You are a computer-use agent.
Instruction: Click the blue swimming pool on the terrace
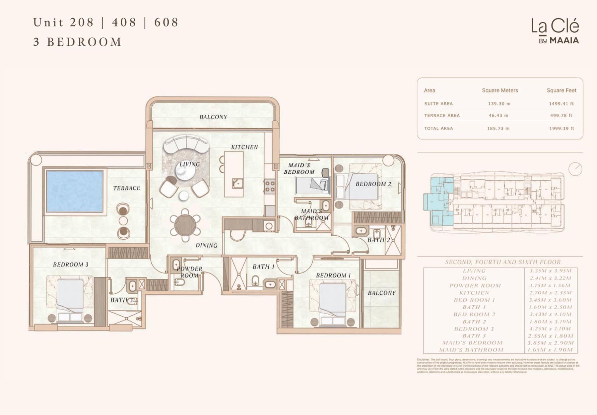[x=75, y=191]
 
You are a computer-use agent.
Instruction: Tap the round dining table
[x=185, y=225]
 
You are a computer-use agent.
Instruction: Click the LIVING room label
[x=189, y=164]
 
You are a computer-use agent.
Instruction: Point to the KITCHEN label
[x=244, y=147]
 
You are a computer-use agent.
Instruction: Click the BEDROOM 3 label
[x=71, y=265]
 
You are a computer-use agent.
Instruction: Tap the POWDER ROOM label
[x=189, y=272]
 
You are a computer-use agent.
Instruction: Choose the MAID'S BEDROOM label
[x=299, y=168]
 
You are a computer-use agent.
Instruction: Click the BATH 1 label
[x=263, y=267]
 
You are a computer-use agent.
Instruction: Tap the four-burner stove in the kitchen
[x=270, y=186]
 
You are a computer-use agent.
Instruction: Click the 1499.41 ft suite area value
[x=561, y=104]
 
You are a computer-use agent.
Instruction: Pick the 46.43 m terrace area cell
[x=498, y=116]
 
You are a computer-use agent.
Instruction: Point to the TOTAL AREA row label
[x=438, y=129]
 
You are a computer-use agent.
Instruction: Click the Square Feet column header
[x=561, y=90]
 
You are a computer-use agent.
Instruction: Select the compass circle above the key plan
[x=575, y=169]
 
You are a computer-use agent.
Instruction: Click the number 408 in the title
[x=124, y=23]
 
